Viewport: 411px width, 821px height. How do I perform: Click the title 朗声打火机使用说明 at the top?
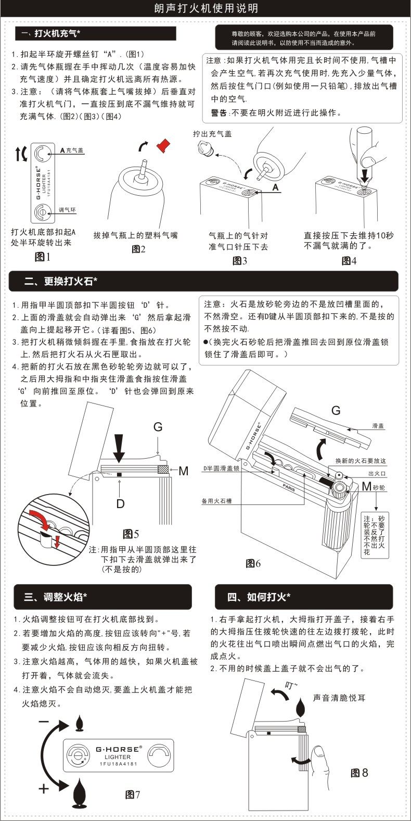click(x=206, y=9)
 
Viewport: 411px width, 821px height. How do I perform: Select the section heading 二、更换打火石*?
click(x=61, y=282)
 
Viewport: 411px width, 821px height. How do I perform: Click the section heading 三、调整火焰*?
click(x=55, y=597)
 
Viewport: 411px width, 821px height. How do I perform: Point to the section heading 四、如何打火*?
click(x=259, y=597)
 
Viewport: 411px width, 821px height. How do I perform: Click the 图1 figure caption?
click(x=42, y=257)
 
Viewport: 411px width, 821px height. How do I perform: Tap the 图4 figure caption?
click(x=349, y=261)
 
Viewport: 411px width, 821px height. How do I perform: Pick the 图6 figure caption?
click(x=253, y=563)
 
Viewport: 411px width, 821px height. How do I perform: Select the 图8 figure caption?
click(x=359, y=773)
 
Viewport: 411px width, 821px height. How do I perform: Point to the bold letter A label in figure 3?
click(x=275, y=187)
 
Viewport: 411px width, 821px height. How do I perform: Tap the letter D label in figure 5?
click(x=120, y=503)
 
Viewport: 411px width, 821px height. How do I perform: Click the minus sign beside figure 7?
click(x=44, y=722)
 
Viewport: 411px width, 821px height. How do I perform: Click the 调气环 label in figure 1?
click(x=68, y=210)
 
